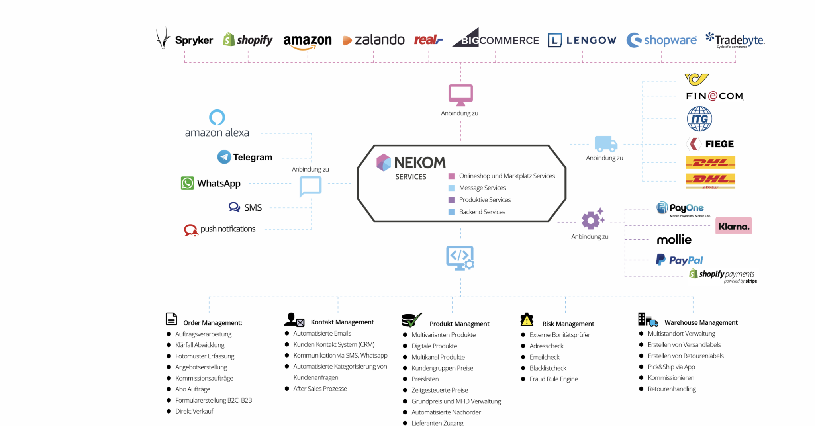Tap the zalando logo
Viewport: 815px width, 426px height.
point(373,40)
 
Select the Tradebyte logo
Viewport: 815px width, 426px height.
point(735,40)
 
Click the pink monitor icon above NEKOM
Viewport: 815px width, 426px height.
point(460,95)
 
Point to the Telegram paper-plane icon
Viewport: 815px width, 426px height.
point(224,157)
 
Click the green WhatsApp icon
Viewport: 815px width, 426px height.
point(187,183)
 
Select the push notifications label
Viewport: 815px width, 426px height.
point(227,229)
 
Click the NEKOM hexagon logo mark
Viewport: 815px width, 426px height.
point(384,162)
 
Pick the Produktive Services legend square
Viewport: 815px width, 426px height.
point(451,200)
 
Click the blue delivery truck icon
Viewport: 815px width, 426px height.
point(605,144)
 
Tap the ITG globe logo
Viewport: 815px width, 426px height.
point(699,119)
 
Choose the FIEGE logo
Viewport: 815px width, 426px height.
point(710,144)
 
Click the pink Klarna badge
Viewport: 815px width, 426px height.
point(733,226)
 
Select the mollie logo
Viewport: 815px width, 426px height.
point(674,240)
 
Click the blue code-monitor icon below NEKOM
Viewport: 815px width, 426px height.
point(460,258)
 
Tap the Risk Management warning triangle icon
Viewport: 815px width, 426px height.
point(527,319)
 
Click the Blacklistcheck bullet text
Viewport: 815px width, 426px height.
point(548,368)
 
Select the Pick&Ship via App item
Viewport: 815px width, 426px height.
point(671,367)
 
